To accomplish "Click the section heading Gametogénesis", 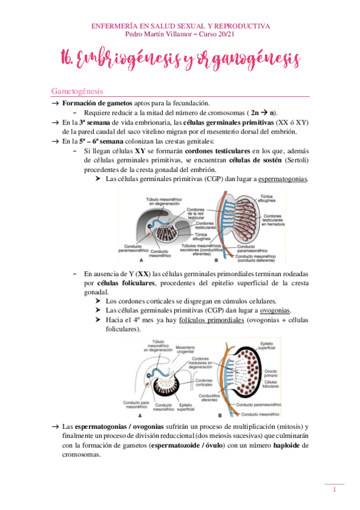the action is [77, 91].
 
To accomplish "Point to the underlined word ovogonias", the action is [275, 310].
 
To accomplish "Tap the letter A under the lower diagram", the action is [139, 416].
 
